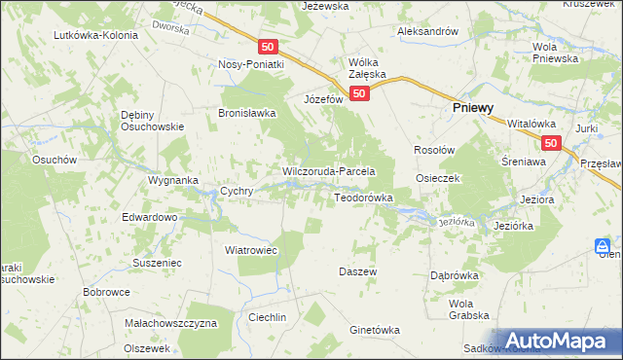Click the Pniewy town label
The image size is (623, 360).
tap(476, 111)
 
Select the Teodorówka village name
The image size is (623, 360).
tap(363, 198)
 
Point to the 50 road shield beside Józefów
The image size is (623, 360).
tap(359, 93)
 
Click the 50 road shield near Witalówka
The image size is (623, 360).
tap(552, 143)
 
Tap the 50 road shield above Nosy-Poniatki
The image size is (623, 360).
tap(269, 47)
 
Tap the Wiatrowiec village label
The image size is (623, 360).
tap(251, 250)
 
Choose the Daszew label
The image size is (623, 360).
tap(357, 271)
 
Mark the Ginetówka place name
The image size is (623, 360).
tap(375, 330)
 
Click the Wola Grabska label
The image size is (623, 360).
tap(467, 308)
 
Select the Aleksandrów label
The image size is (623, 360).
tap(427, 31)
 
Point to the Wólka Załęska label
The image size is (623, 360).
tap(367, 68)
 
